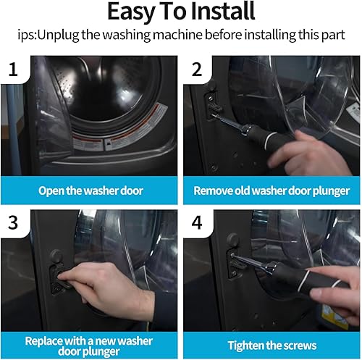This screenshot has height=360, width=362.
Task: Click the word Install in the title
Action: (x=223, y=12)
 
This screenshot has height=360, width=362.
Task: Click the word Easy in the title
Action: (x=131, y=12)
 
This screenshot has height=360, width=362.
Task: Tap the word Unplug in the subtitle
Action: (x=58, y=35)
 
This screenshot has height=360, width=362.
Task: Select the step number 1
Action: (x=13, y=70)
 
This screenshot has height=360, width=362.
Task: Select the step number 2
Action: (x=197, y=70)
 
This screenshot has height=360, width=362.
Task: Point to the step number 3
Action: (x=13, y=222)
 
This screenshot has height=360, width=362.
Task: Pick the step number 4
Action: (x=197, y=222)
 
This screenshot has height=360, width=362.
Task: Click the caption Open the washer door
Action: (x=90, y=191)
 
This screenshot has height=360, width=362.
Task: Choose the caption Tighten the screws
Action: (x=272, y=346)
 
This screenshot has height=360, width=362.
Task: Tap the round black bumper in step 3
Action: (x=56, y=256)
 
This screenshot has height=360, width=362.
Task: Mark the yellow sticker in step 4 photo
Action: (x=335, y=315)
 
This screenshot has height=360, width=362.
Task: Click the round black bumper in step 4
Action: (x=233, y=240)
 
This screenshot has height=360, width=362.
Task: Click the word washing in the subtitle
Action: (x=127, y=35)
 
